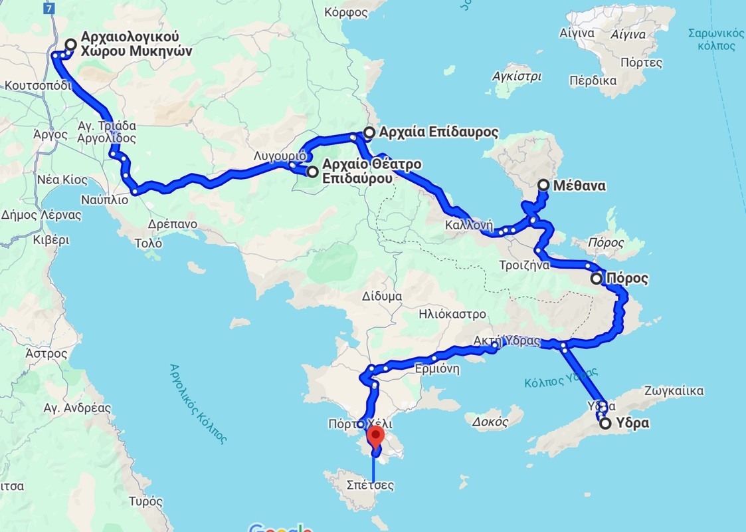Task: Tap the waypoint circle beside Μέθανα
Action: pos(543,186)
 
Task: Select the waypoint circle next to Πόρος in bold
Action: pos(597,279)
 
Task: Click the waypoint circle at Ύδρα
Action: pos(605,423)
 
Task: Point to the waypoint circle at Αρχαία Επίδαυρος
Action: pos(369,132)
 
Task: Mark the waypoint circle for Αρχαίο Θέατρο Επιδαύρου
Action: pos(312,172)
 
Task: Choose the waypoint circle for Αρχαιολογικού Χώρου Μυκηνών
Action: pos(70,45)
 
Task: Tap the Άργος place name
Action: pos(50,134)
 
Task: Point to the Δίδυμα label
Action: pos(382,296)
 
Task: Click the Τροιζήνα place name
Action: pos(524,265)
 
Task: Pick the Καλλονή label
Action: pos(470,224)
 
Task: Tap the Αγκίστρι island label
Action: pos(517,76)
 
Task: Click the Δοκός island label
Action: pos(490,421)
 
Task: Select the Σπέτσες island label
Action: pos(370,485)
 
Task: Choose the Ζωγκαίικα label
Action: pos(673,391)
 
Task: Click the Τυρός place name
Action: pos(146,501)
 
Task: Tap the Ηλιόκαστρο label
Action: pos(452,314)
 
